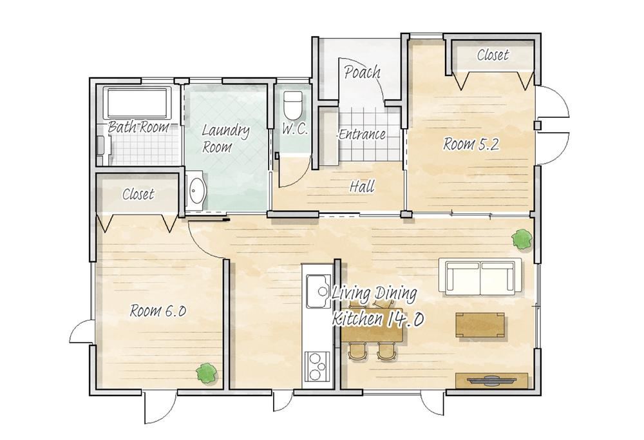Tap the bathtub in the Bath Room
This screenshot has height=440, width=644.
click(138, 102)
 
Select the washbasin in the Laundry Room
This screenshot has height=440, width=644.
click(196, 191)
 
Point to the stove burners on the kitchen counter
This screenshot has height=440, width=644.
click(317, 367)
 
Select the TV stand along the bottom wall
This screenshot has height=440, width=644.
click(491, 380)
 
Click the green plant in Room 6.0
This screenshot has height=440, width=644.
click(206, 373)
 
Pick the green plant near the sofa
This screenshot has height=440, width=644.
click(522, 239)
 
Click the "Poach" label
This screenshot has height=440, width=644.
click(362, 72)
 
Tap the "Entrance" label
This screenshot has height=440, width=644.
click(362, 135)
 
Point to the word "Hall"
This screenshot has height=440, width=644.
click(362, 187)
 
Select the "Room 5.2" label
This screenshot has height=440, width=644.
click(471, 144)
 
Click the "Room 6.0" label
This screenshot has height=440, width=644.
click(158, 311)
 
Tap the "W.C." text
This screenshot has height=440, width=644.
click(295, 129)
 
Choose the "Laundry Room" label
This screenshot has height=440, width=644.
click(225, 139)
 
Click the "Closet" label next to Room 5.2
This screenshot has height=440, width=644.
click(493, 55)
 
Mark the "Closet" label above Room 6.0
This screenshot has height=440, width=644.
click(138, 194)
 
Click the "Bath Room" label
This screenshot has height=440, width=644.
click(138, 126)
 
